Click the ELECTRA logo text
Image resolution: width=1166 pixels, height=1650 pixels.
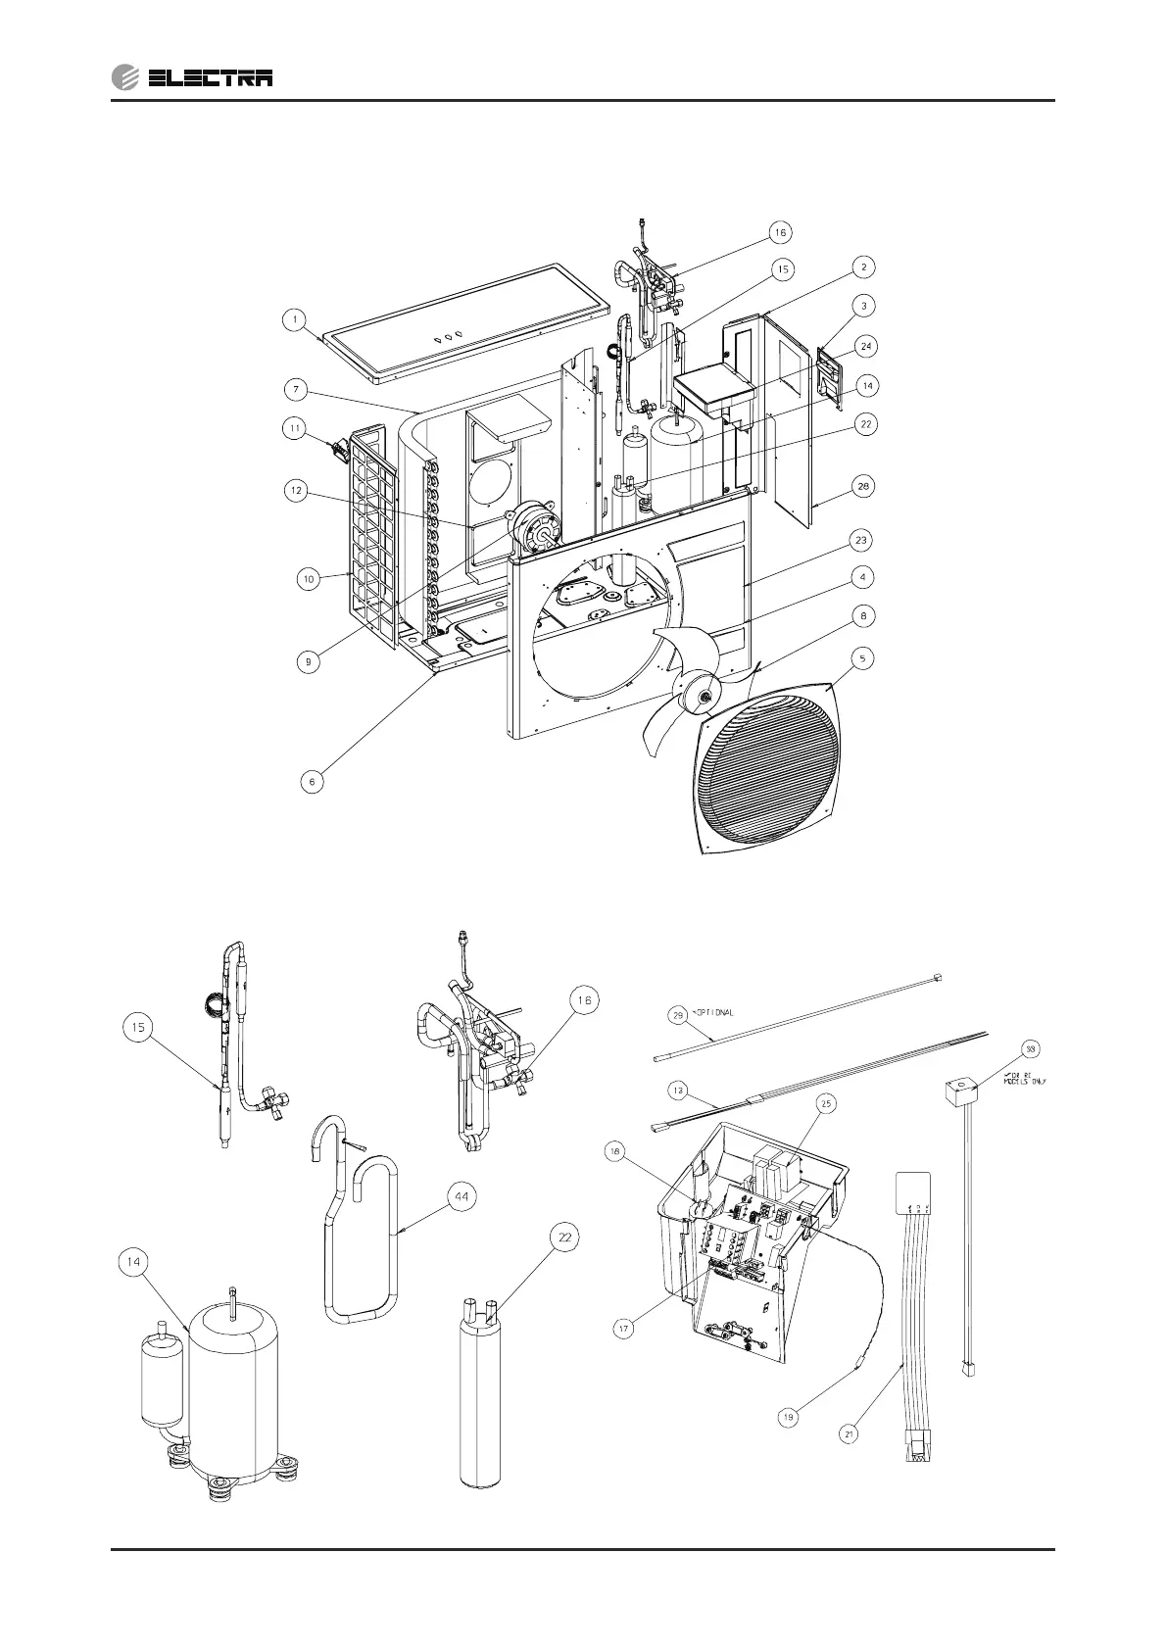point(210,78)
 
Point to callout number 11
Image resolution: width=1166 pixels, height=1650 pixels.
point(294,428)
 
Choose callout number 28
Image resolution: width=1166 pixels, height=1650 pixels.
point(861,486)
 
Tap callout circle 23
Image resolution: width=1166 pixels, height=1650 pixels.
point(861,540)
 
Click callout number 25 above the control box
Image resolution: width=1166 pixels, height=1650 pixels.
point(826,1104)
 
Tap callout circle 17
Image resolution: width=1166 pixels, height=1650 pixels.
point(623,1329)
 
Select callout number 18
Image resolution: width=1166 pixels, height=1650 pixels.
point(614,1152)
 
